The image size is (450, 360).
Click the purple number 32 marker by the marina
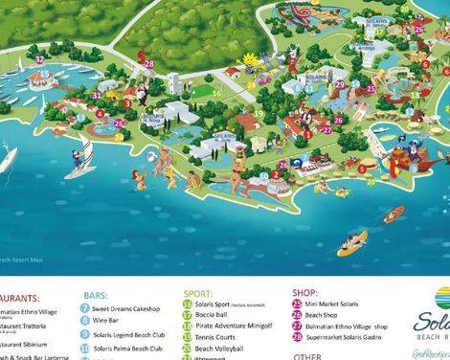click(39, 59)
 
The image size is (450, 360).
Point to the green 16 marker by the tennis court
click(259, 113)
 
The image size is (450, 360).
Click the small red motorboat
click(394, 214)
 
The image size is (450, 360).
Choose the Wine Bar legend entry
click(107, 322)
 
